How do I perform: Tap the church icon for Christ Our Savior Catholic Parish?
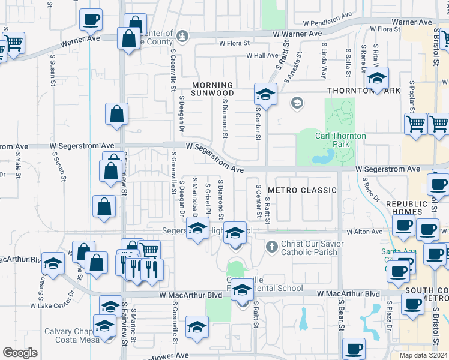(x=271, y=246)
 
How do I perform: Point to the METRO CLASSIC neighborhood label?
(x=302, y=190)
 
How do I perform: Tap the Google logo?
(x=20, y=353)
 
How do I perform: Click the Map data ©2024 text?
(x=423, y=355)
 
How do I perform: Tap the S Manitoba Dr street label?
(x=195, y=197)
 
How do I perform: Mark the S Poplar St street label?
(x=412, y=96)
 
